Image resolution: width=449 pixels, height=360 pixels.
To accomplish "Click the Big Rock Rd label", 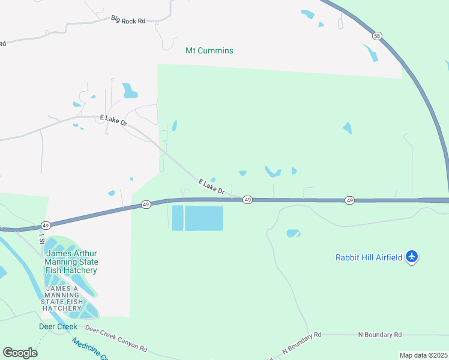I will [128, 20].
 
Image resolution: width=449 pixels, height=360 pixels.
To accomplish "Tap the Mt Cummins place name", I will [209, 50].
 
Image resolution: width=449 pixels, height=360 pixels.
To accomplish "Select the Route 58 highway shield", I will [376, 35].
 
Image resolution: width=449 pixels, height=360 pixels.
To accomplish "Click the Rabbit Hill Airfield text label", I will [369, 257].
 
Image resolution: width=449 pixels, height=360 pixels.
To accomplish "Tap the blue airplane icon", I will [412, 257].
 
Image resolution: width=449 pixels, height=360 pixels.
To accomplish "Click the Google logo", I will [20, 352].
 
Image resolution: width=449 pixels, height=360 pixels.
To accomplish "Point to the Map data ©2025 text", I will [423, 355].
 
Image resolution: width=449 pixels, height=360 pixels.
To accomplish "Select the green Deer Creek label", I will [58, 326].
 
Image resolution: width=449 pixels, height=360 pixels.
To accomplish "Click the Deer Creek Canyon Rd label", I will [116, 337].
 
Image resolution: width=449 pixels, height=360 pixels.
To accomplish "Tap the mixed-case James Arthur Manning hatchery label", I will [71, 262].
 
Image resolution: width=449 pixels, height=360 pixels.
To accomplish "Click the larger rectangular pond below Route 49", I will [203, 218].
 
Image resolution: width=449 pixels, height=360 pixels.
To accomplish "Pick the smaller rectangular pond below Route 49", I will [178, 218].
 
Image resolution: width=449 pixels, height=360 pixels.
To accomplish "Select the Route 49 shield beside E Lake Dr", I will [247, 200].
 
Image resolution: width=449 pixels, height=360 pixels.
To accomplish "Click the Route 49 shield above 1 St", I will [45, 226].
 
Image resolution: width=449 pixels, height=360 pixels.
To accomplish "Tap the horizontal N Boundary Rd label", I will [379, 334].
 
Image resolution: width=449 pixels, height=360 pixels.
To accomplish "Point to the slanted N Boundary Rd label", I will [301, 342].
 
